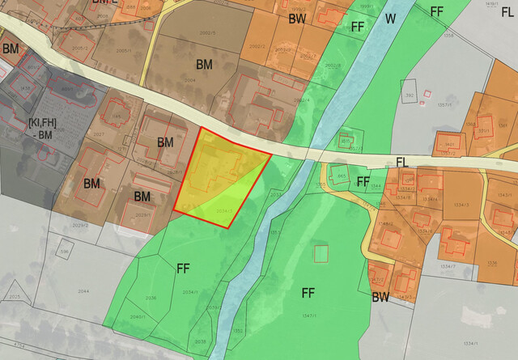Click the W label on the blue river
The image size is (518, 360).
(390, 18)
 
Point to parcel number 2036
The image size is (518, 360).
(151, 298)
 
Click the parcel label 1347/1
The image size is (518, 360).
(307, 315)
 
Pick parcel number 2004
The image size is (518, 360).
(190, 81)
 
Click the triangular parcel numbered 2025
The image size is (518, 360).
(14, 298)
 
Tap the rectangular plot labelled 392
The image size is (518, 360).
(410, 95)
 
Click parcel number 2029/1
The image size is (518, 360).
(142, 215)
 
